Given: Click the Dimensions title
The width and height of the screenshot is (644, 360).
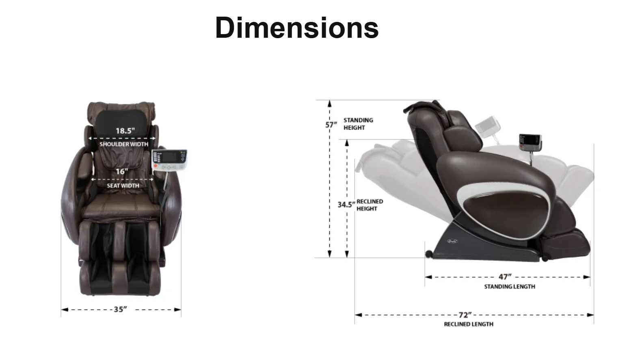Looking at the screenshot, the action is (x=297, y=28).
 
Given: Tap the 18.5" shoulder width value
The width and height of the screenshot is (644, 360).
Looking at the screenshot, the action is (x=125, y=131).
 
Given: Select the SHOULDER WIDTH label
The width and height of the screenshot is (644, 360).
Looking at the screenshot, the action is (x=124, y=144).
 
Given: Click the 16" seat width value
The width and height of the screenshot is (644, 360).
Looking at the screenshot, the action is (x=121, y=172).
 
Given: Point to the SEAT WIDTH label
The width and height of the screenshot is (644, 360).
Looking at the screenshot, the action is (x=123, y=185).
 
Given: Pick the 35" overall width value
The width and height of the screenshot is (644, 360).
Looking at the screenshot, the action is (x=120, y=309).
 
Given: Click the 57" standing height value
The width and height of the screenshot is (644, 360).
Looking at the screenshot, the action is (x=331, y=125).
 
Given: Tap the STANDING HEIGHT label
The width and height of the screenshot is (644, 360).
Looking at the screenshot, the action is (x=358, y=124).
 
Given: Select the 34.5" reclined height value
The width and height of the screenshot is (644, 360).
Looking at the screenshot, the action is (x=346, y=205).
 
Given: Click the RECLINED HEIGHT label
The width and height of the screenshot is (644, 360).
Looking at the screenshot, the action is (x=370, y=205).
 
